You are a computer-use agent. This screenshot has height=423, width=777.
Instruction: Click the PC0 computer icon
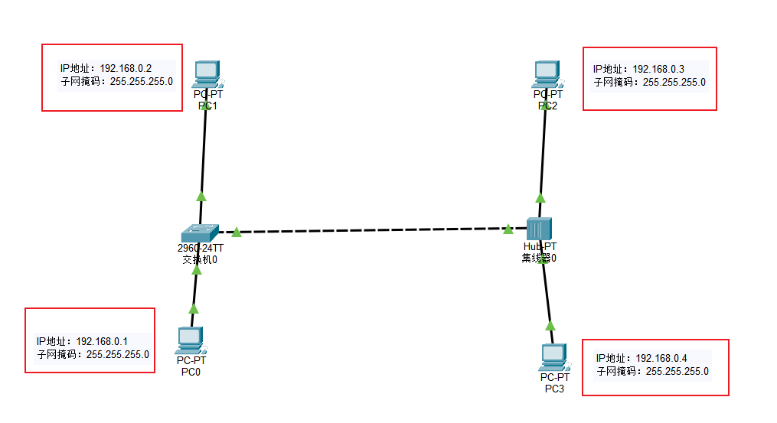pyautogui.click(x=189, y=339)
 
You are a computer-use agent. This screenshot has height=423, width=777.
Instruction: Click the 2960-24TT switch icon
pyautogui.click(x=200, y=232)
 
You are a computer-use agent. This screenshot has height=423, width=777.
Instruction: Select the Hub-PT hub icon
pyautogui.click(x=540, y=229)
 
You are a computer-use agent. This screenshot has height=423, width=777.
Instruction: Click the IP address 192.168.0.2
pyautogui.click(x=126, y=68)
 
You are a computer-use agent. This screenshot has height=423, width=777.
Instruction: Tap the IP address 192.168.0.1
pyautogui.click(x=102, y=341)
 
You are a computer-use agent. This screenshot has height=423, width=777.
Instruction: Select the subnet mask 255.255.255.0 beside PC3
pyautogui.click(x=677, y=371)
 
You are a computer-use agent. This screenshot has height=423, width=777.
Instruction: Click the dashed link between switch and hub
pyautogui.click(x=367, y=229)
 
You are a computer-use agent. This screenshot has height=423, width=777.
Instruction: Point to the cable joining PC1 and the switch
pyautogui.click(x=204, y=153)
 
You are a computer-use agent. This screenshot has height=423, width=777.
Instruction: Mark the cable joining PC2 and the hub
pyautogui.click(x=543, y=153)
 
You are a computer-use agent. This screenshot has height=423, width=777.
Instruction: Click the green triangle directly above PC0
pyautogui.click(x=194, y=308)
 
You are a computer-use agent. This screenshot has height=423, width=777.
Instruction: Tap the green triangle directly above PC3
pyautogui.click(x=550, y=325)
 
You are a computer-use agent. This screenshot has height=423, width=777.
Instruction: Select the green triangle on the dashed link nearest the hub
pyautogui.click(x=508, y=229)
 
